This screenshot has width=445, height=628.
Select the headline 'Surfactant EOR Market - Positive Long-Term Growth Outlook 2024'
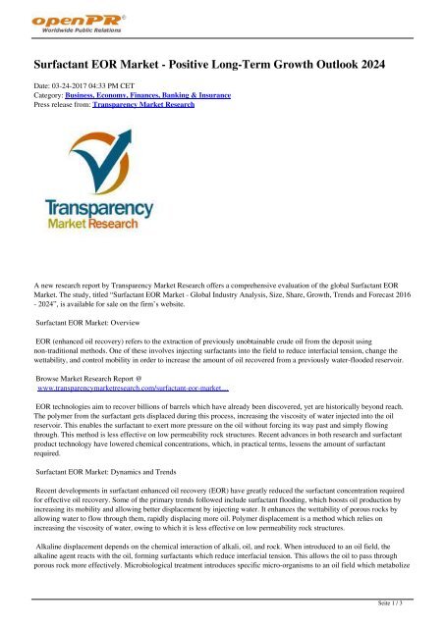223,66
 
